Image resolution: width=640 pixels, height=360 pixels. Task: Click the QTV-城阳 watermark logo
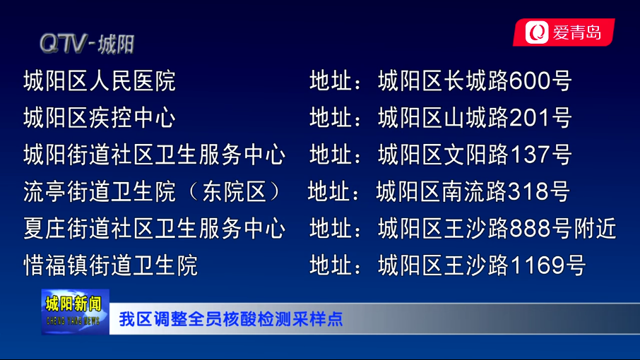[87, 44]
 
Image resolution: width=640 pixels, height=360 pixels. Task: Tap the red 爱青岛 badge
[564, 32]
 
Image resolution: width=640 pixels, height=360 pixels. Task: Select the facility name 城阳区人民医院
[100, 80]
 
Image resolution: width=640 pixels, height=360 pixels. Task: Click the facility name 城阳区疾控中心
[100, 118]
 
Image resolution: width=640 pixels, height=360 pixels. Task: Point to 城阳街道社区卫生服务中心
[154, 155]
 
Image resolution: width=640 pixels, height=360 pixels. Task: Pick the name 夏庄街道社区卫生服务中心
[154, 228]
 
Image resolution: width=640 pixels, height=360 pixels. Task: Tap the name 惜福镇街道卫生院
[111, 265]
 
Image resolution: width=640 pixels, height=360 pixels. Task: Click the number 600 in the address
[530, 80]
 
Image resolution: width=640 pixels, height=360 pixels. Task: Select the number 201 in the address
[530, 118]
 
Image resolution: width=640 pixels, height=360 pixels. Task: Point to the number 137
[530, 155]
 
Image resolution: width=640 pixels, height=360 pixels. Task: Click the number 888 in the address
[530, 228]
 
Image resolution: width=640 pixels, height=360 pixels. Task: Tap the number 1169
[537, 265]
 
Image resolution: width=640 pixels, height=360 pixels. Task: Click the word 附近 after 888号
[595, 228]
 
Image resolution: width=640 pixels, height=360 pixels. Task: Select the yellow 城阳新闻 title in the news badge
[73, 304]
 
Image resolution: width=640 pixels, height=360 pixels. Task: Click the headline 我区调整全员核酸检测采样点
[231, 319]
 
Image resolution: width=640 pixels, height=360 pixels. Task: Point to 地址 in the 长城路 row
[331, 80]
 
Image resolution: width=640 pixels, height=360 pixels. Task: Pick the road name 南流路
[474, 191]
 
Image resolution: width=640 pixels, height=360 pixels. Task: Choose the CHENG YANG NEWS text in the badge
[73, 321]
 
